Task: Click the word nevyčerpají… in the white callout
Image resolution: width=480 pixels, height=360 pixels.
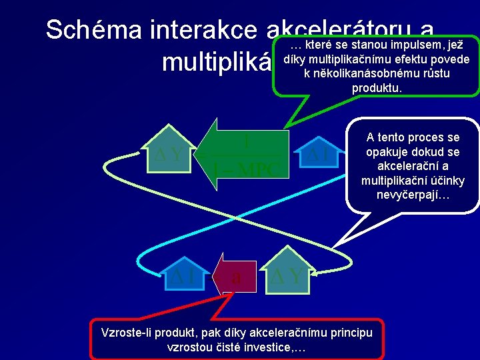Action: pyautogui.click(x=414, y=195)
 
